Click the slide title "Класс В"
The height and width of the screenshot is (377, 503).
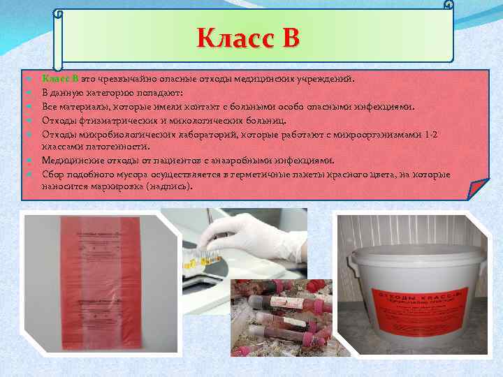(248, 38)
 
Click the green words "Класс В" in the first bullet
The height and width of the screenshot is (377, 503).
(59, 79)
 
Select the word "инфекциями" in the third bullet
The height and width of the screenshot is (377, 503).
(388, 107)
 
